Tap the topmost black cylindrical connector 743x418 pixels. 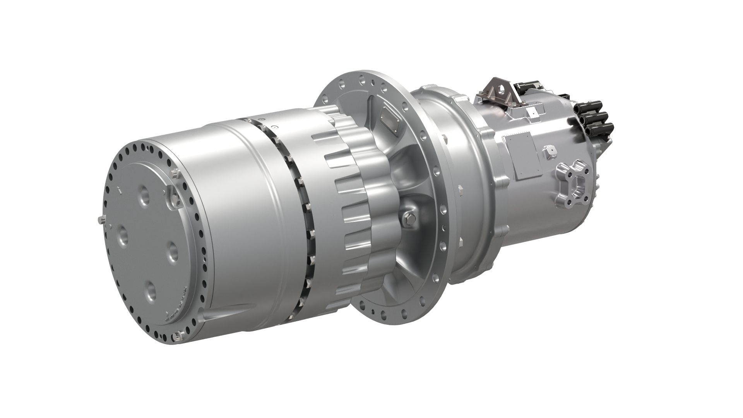590,105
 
